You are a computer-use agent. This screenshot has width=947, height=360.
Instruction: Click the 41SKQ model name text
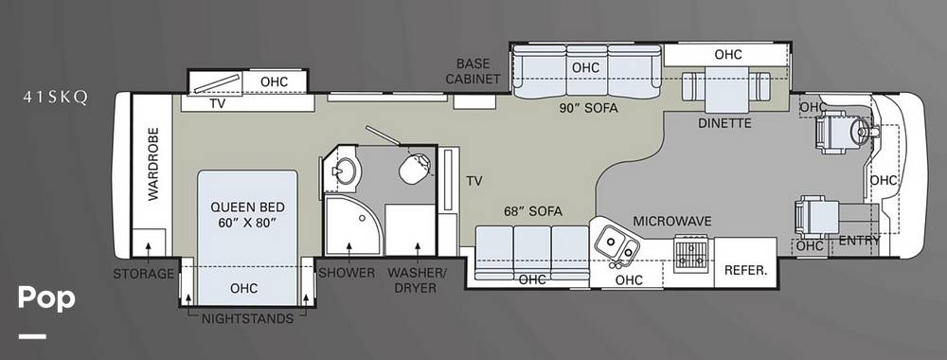(56, 98)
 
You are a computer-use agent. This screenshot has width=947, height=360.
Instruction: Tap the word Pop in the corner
(46, 298)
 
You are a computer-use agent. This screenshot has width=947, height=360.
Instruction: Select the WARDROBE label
(152, 164)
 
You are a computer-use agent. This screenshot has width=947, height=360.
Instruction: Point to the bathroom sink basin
(346, 171)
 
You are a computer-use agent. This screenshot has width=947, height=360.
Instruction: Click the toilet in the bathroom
(415, 168)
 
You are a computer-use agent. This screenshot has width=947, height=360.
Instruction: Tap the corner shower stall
(353, 225)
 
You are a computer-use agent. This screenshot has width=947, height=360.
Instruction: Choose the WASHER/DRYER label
(417, 280)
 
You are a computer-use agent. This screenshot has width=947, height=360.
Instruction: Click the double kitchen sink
(616, 245)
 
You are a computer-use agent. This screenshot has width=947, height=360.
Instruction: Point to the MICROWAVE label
(672, 222)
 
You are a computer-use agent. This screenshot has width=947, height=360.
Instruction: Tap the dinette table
(725, 89)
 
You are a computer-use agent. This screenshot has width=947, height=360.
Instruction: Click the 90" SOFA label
(588, 109)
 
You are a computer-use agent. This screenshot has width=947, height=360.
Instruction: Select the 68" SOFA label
(533, 211)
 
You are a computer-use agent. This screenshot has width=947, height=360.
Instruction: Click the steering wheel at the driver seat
(860, 129)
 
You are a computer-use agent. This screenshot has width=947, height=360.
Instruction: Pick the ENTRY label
(860, 241)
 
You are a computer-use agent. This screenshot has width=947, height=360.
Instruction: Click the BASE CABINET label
(477, 71)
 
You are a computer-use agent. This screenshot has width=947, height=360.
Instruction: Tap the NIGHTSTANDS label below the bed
(247, 318)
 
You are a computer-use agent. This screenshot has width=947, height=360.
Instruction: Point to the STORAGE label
(143, 274)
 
